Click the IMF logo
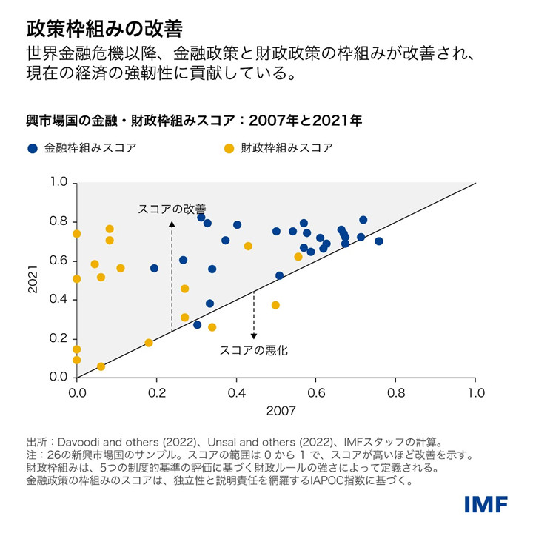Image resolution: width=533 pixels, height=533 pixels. (486, 505)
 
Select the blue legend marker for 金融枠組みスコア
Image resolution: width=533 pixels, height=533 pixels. (32, 148)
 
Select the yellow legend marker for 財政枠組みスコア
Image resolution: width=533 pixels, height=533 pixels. (229, 148)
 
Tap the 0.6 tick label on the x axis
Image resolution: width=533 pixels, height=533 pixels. (316, 392)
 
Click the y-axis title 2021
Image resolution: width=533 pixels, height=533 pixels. (33, 280)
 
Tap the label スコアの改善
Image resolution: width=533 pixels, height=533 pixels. (172, 209)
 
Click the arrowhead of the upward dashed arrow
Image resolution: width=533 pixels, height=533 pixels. (172, 222)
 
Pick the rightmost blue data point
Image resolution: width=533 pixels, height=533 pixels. (379, 241)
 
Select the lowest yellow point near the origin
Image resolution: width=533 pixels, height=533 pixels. (101, 366)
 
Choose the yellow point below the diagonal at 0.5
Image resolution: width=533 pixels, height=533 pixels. (275, 305)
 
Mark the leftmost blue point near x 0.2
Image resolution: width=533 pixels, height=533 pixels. (154, 269)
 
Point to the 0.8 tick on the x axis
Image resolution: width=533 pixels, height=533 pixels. (396, 392)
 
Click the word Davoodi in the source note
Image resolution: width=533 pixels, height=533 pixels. (77, 442)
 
